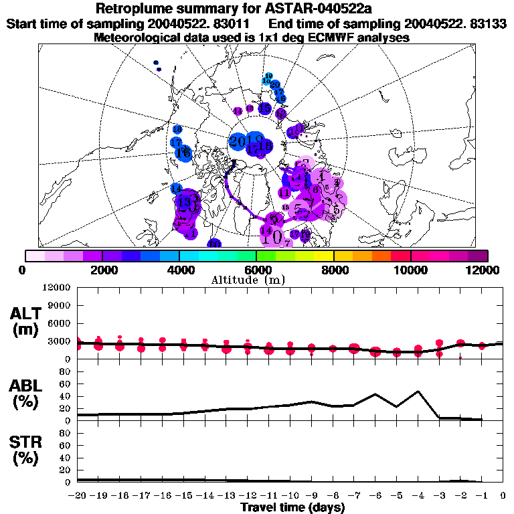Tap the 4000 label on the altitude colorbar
179,270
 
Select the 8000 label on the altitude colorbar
333,270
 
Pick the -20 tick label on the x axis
77,496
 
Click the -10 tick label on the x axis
290,496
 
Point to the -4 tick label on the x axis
418,496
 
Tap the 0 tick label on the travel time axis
503,496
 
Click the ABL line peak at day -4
418,391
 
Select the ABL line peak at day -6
375,394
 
